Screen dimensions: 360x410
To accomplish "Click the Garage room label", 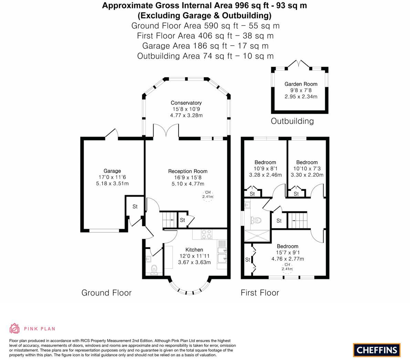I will coord(112,171).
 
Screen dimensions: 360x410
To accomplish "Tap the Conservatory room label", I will coord(186,103).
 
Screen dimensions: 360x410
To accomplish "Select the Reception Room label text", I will coord(188,171).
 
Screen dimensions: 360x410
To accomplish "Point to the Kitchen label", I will coord(194,250).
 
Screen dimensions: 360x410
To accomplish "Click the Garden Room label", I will coord(301,84).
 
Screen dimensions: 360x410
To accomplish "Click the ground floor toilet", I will coord(154,268).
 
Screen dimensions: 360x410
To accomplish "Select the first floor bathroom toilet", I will coord(256,220).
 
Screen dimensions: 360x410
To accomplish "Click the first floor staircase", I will coord(297,220).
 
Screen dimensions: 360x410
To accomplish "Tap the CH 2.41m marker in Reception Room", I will coord(208,195).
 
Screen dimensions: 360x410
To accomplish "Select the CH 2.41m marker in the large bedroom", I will coord(287,267).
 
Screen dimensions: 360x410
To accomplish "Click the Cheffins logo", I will coord(377,350).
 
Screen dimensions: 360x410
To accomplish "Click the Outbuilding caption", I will coord(292,121).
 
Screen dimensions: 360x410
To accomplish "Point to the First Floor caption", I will coord(260,293).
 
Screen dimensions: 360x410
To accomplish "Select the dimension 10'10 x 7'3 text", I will coord(307,168).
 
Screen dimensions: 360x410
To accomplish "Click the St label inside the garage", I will coord(135,207).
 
